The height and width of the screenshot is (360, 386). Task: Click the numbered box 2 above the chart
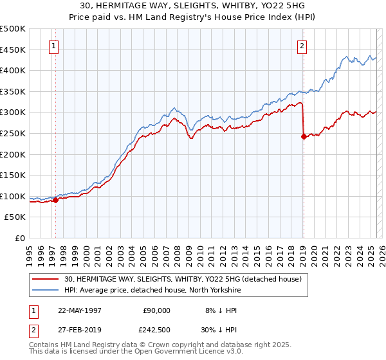coord(302,46)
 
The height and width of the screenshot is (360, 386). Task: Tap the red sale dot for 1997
coord(55,200)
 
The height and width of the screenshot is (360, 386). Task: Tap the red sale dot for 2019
coord(303,136)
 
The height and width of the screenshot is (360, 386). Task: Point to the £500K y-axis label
coord(13,29)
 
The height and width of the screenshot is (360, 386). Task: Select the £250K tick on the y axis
coord(13,133)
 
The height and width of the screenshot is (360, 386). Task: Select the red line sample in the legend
coord(46,279)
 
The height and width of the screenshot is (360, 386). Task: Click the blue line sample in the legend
coord(46,290)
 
